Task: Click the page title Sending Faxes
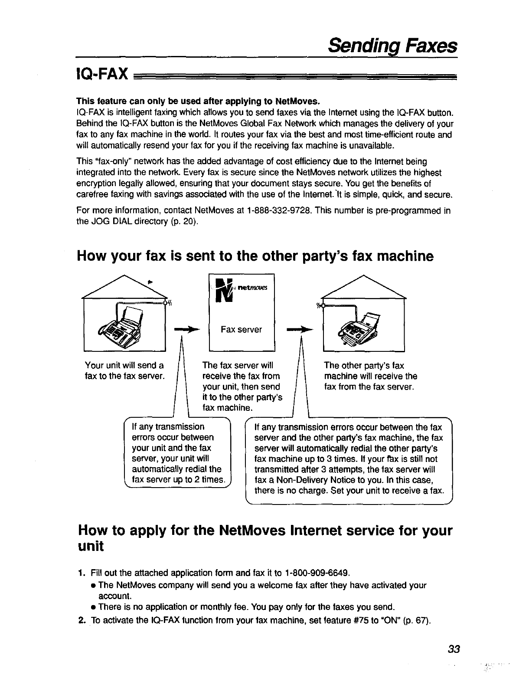coord(392,45)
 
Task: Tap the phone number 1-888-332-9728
coord(280,211)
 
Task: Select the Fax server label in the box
coord(241,330)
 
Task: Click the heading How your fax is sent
coord(255,256)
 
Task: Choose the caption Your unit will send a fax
coord(125,370)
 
